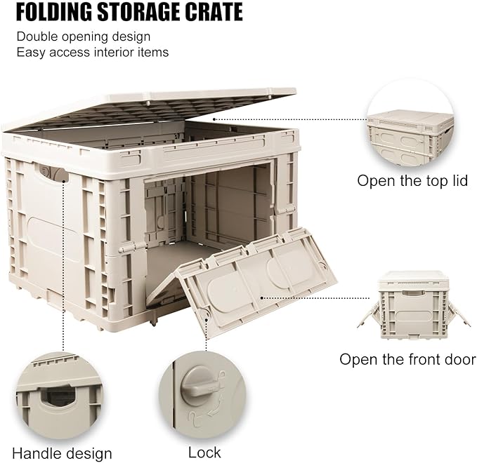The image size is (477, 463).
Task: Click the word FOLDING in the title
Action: (x=54, y=12)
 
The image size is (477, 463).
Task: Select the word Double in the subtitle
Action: (x=37, y=36)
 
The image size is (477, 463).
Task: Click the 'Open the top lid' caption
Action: (x=412, y=181)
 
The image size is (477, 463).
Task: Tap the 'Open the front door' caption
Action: (x=407, y=360)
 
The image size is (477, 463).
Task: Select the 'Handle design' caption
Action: (x=62, y=454)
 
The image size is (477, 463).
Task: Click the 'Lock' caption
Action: (x=204, y=452)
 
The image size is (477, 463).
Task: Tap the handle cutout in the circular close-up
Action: (x=59, y=395)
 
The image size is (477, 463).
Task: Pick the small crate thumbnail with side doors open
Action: (x=413, y=305)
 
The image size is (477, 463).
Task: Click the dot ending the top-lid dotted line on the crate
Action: (x=214, y=119)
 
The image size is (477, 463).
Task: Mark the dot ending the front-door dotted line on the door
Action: (x=262, y=297)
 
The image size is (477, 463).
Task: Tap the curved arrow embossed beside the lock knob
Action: (x=213, y=407)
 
